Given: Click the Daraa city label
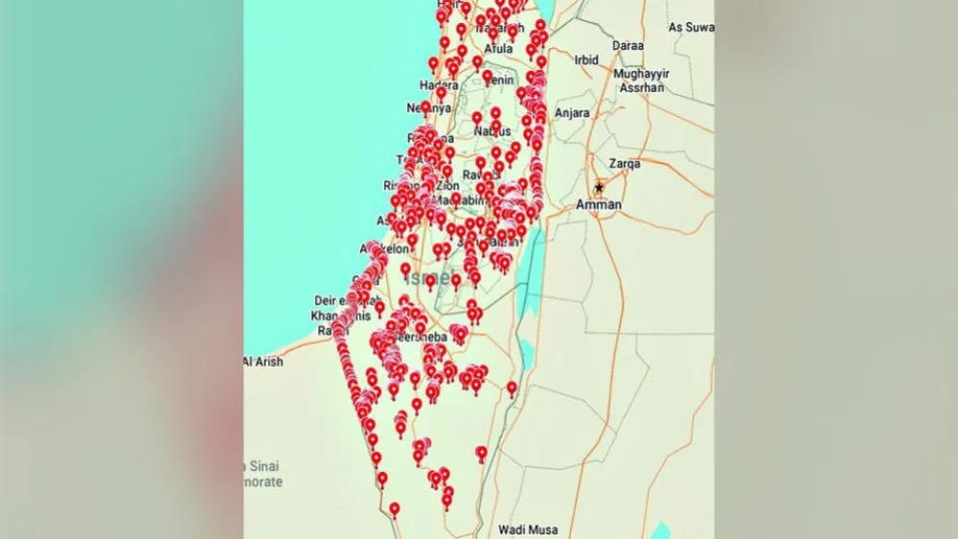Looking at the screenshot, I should [627, 45].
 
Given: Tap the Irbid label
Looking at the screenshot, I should [585, 60].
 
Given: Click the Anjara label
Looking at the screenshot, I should [572, 113].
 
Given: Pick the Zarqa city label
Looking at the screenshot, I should [624, 164].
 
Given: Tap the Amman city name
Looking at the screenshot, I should [599, 205].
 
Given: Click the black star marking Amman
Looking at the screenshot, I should [599, 188].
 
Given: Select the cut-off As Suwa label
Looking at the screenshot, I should [691, 28].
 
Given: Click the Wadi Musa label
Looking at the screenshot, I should [528, 528].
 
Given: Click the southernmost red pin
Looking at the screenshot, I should [394, 508].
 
